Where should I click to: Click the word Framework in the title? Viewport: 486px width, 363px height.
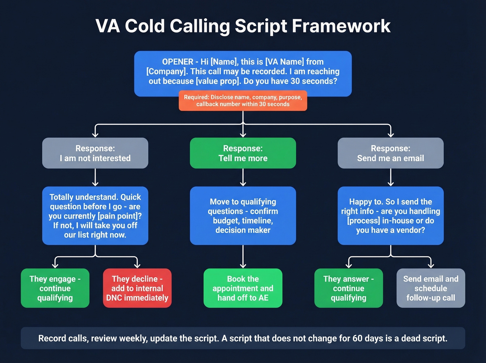click(x=341, y=26)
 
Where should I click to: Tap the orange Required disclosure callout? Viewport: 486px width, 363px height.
click(x=243, y=101)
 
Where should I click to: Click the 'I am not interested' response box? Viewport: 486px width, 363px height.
click(x=95, y=153)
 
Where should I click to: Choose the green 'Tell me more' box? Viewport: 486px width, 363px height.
click(x=243, y=153)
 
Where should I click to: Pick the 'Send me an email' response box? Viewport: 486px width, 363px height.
click(x=391, y=153)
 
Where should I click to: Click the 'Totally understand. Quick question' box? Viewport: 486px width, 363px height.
click(x=95, y=216)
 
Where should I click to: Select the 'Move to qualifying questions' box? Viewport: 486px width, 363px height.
click(x=243, y=216)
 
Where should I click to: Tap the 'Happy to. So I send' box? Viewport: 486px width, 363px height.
click(x=391, y=216)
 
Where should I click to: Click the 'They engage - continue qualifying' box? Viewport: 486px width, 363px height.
click(x=55, y=288)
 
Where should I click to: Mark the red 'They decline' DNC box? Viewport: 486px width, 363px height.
click(x=137, y=288)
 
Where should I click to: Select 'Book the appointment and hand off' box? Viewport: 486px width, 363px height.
click(x=243, y=288)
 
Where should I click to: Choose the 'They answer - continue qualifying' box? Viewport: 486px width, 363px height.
click(x=349, y=288)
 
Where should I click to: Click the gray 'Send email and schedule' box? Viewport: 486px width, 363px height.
click(x=431, y=288)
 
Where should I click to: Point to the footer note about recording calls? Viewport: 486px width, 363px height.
click(x=243, y=338)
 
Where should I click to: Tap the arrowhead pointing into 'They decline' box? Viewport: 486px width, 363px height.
click(x=137, y=265)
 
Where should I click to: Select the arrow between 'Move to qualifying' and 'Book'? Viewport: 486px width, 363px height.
click(x=243, y=256)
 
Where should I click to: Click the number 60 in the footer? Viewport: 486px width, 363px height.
click(x=357, y=338)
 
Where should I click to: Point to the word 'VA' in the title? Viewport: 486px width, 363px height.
click(x=108, y=26)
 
